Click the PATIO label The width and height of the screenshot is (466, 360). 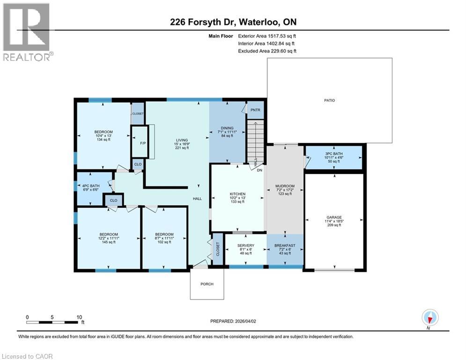click(329, 100)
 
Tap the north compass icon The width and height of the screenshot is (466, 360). click(430, 317)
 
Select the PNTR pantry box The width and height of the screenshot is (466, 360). click(255, 110)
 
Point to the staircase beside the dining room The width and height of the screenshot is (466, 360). click(256, 139)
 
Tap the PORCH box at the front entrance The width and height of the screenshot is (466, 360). click(207, 284)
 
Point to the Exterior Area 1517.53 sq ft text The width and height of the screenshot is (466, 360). click(267, 35)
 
